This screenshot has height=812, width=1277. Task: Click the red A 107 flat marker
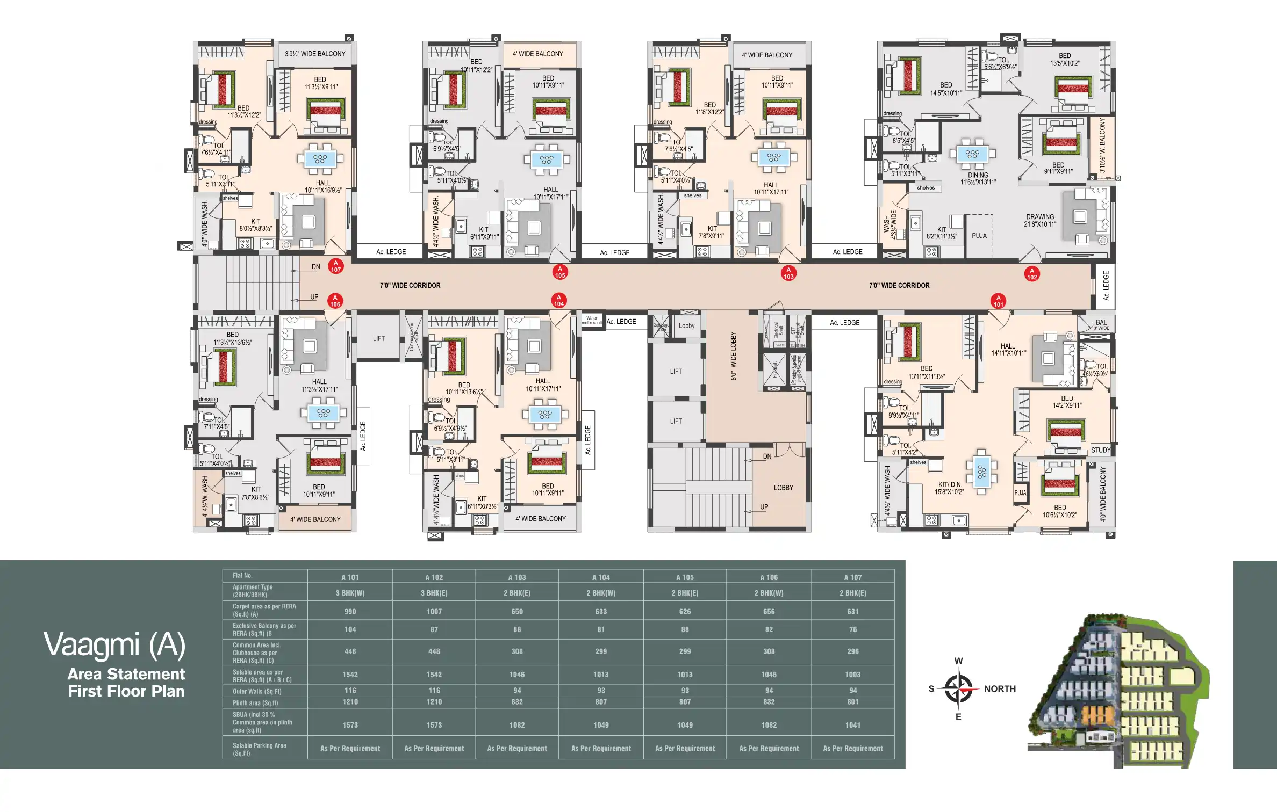click(x=336, y=266)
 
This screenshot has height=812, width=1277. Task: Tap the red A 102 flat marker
click(x=1031, y=274)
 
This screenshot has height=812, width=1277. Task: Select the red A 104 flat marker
click(x=559, y=301)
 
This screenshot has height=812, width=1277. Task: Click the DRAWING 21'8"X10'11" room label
click(x=1040, y=220)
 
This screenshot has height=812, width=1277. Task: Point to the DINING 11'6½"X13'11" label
click(x=978, y=178)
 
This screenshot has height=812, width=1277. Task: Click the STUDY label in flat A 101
click(x=1100, y=450)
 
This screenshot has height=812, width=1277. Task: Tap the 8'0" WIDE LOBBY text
click(x=734, y=356)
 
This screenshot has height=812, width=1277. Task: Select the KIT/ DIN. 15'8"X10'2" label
click(x=949, y=488)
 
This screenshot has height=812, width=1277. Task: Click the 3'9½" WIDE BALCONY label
click(x=315, y=54)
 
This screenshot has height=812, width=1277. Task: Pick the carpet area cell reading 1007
click(x=434, y=612)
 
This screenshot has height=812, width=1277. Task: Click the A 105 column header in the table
click(x=685, y=577)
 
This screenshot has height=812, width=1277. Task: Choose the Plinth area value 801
click(x=852, y=702)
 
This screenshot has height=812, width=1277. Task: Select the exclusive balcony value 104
click(x=350, y=629)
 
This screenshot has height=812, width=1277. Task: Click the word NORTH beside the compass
click(x=1000, y=689)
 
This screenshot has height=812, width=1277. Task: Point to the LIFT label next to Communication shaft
click(x=379, y=338)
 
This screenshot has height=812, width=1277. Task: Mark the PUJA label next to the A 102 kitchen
click(x=979, y=236)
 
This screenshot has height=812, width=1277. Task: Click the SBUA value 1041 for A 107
click(x=852, y=725)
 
